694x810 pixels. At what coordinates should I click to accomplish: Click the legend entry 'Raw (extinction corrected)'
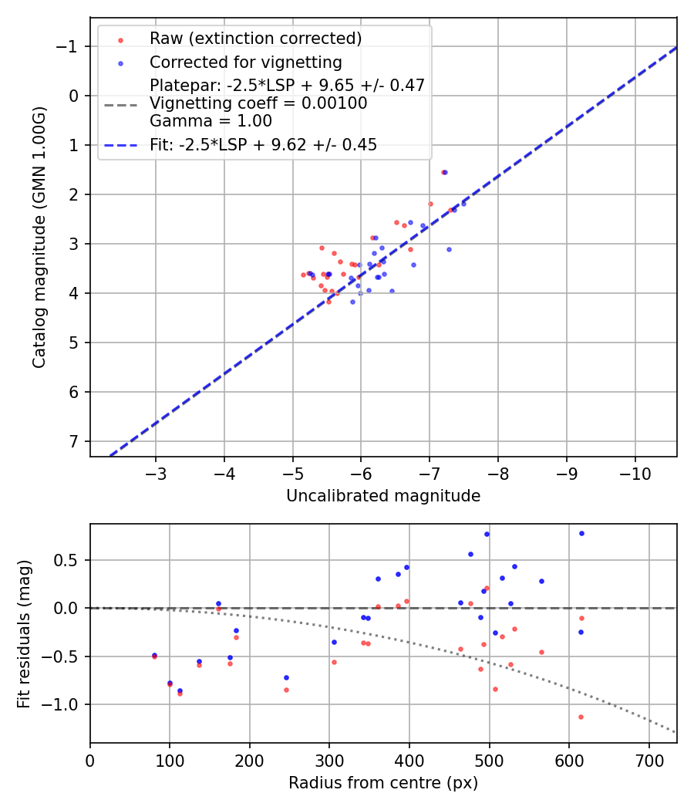pyautogui.click(x=255, y=39)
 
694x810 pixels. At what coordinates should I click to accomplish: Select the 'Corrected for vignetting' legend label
pyautogui.click(x=245, y=62)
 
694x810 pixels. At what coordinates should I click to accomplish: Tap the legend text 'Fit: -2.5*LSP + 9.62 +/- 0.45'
pyautogui.click(x=263, y=145)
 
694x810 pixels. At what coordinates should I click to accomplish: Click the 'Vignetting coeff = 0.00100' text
pyautogui.click(x=258, y=103)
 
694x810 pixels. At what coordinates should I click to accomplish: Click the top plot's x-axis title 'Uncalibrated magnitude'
pyautogui.click(x=383, y=496)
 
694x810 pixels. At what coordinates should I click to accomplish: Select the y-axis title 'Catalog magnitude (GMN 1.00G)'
pyautogui.click(x=39, y=236)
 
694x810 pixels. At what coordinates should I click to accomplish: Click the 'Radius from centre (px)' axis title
pyautogui.click(x=383, y=783)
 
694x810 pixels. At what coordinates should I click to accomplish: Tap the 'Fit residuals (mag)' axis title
pyautogui.click(x=24, y=633)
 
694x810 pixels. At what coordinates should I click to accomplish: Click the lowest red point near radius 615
pyautogui.click(x=581, y=717)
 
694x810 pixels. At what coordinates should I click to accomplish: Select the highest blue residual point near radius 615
pyautogui.click(x=581, y=533)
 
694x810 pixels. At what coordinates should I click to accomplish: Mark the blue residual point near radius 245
pyautogui.click(x=286, y=677)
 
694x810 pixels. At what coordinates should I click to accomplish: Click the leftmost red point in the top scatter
pyautogui.click(x=303, y=275)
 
